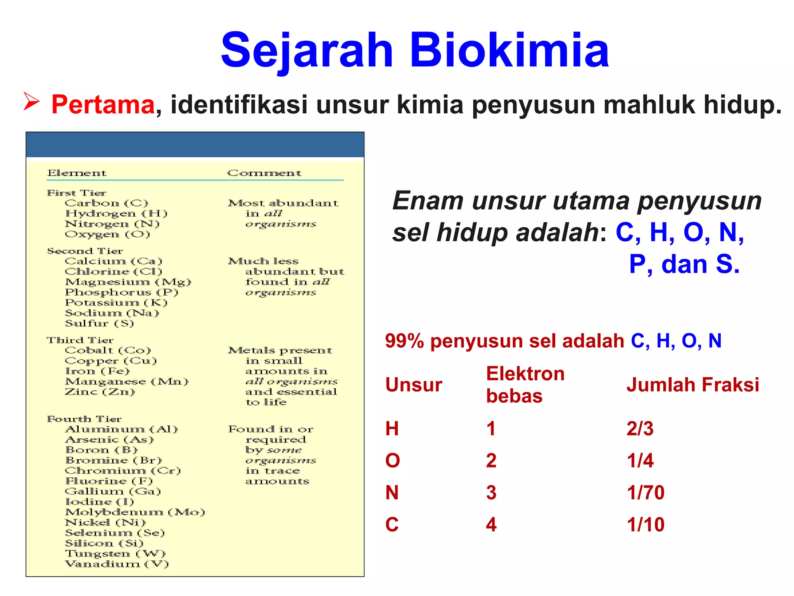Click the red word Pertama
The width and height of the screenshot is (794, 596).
coord(103,105)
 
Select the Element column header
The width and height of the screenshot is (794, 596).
coord(77,173)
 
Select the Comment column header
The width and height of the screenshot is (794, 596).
coord(264,173)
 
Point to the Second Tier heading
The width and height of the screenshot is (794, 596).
coord(85,251)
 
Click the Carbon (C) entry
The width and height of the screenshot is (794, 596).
coord(107,203)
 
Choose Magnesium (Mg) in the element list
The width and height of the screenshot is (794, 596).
coord(128,282)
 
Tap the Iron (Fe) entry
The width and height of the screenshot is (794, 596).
coord(97,371)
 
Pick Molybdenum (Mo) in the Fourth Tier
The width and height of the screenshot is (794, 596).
coord(135,512)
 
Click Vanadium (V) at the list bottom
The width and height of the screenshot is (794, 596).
coord(117,564)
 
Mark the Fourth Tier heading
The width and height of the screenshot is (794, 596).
coord(84,419)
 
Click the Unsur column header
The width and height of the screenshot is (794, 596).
coord(414,385)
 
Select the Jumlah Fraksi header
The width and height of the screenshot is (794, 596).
coord(692,385)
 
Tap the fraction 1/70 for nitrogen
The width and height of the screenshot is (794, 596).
coord(646,493)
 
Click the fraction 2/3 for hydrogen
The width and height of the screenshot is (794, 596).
coord(640,429)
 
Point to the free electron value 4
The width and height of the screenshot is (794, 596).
coord(491,525)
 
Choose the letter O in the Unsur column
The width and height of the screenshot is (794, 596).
coord(392,461)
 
